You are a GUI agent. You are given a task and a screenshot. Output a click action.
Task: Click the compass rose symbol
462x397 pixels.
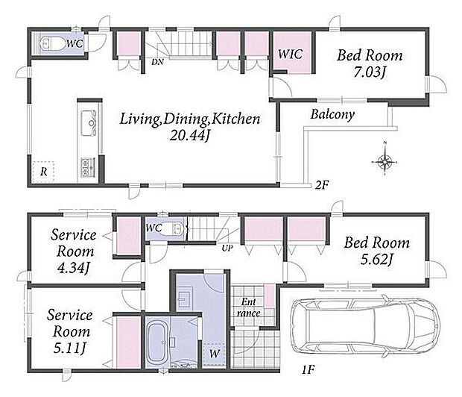point(385,161)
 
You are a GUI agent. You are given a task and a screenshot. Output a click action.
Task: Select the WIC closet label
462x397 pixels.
point(290,54)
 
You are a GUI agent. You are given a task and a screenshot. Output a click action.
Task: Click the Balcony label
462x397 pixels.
point(332,114)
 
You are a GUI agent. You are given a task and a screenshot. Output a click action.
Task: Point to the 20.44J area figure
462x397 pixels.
point(189,136)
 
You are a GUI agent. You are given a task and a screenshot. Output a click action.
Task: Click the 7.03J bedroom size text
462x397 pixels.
point(370,72)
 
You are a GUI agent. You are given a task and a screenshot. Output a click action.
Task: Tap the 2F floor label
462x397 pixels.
point(321,185)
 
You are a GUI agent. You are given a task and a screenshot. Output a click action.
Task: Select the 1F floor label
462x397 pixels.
point(308,369)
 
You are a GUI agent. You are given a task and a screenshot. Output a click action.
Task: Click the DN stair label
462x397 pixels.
point(157,62)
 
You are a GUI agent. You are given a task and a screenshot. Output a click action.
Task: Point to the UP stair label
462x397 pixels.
point(227,248)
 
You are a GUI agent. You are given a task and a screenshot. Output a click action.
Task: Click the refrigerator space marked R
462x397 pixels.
point(43,172)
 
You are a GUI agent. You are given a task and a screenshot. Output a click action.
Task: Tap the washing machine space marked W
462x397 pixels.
point(214,353)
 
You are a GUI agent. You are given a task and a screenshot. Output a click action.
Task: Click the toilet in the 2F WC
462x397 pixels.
point(52,44)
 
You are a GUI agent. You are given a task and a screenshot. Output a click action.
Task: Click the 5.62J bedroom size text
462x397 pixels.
point(377,260)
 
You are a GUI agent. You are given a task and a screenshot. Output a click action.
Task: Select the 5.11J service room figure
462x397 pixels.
point(69,348)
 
